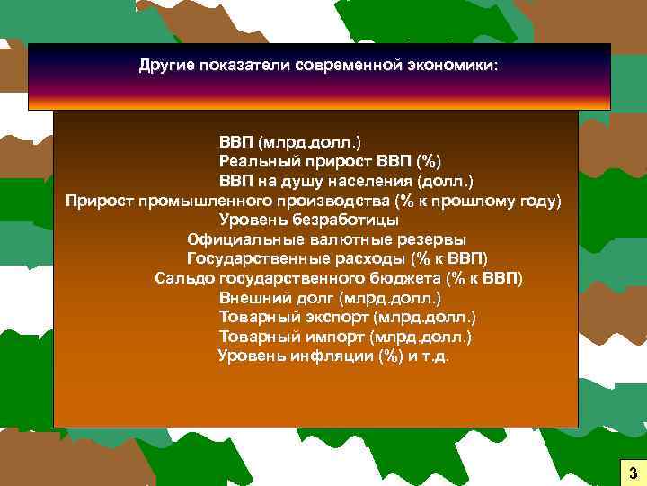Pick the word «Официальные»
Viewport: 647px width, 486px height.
pos(238,239)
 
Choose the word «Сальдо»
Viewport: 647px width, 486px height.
pos(182,278)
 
